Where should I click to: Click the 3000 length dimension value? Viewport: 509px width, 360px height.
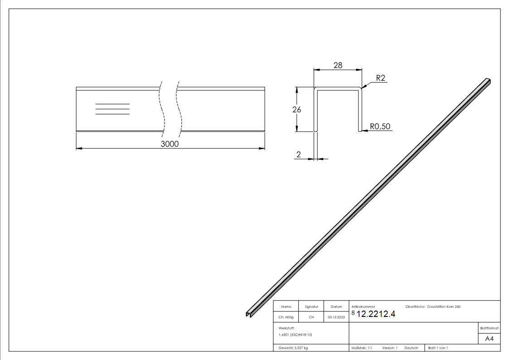[x=170, y=144]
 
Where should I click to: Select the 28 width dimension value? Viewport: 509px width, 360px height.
[x=338, y=65]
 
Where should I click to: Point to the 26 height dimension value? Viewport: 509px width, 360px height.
[x=297, y=109]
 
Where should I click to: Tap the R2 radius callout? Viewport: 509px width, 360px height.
[x=380, y=78]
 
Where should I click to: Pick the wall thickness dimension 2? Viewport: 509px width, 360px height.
[x=298, y=155]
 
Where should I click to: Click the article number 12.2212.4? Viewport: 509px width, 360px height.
[x=376, y=315]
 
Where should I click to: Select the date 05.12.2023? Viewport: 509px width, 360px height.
[x=336, y=317]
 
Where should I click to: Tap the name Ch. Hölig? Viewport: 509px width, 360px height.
[x=286, y=317]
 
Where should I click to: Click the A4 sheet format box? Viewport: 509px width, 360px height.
[x=489, y=339]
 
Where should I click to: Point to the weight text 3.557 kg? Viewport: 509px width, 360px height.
[x=293, y=348]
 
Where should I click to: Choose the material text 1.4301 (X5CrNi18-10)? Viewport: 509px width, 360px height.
[x=296, y=335]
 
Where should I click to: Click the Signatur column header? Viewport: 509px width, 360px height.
[x=311, y=307]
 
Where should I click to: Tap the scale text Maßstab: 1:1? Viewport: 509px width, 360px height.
[x=362, y=348]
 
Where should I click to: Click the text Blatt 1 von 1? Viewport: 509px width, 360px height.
[x=438, y=348]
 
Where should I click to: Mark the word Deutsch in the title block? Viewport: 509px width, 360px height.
[x=412, y=348]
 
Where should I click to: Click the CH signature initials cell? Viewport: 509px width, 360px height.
[x=311, y=317]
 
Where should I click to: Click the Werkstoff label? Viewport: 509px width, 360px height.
[x=286, y=327]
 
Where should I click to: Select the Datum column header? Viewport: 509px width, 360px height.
[x=336, y=307]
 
